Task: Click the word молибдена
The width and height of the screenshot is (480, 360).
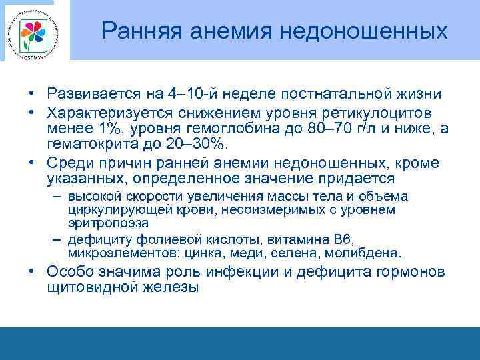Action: point(367,253)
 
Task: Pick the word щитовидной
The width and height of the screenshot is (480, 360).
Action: point(89,287)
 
